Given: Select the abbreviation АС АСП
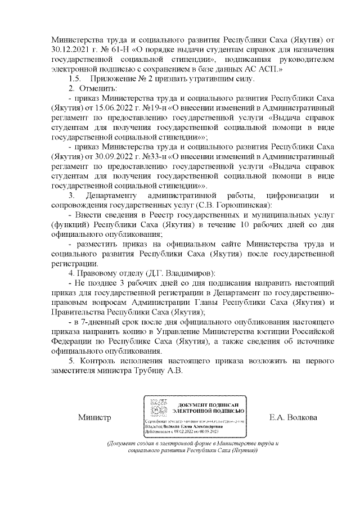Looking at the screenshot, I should click(263, 69).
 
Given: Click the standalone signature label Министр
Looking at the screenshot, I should click(94, 417).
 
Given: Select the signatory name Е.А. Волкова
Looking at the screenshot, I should click(293, 417).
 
